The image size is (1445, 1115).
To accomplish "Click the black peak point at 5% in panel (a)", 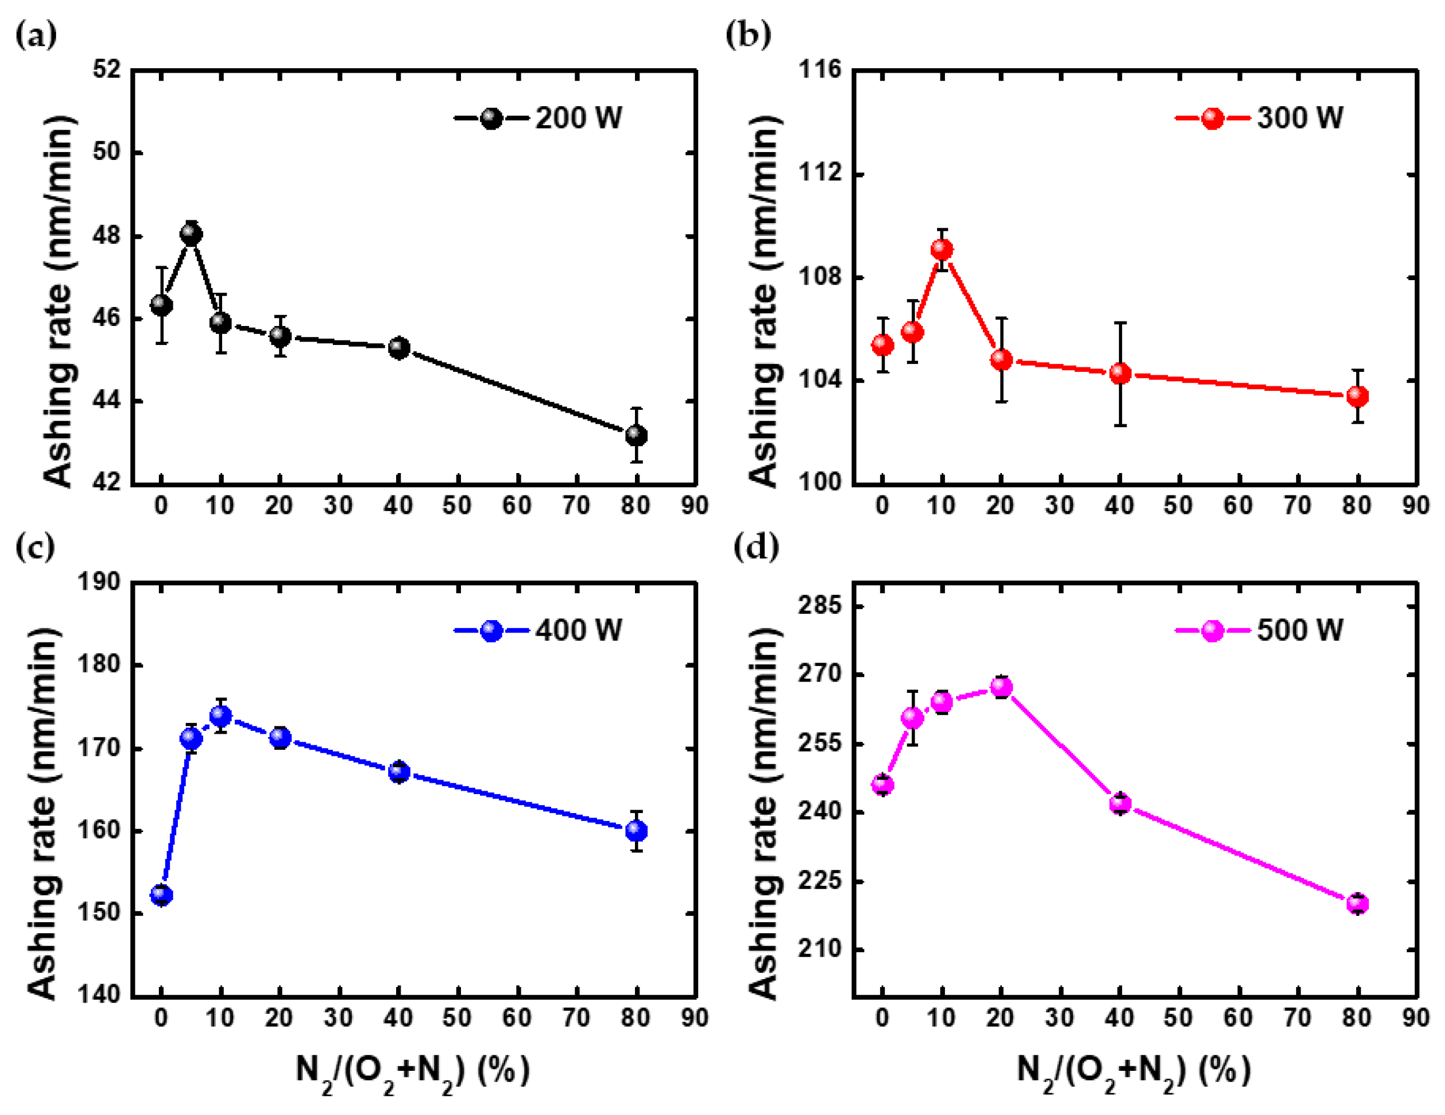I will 191,234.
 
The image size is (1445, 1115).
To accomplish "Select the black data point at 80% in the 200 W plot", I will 636,435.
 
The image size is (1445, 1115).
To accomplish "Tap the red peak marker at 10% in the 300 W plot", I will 942,249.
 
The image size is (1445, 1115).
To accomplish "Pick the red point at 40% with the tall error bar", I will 1119,374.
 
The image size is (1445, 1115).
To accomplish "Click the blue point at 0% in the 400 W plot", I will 162,895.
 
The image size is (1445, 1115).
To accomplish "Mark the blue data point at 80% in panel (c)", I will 636,830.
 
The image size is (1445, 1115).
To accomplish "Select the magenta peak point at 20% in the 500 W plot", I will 1001,688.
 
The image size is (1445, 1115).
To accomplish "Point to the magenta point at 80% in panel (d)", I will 1357,904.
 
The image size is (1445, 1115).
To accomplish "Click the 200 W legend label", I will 578,119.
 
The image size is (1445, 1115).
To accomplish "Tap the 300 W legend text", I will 1300,119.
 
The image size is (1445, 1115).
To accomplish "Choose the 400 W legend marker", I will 492,631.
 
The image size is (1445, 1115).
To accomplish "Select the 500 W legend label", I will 1300,630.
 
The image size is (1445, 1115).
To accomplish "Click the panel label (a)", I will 36,34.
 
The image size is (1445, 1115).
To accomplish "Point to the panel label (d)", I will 756,547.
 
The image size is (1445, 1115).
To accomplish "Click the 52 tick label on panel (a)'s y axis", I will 107,69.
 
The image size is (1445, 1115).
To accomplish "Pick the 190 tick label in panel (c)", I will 99,582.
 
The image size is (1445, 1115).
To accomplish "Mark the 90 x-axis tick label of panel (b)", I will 1416,506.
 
